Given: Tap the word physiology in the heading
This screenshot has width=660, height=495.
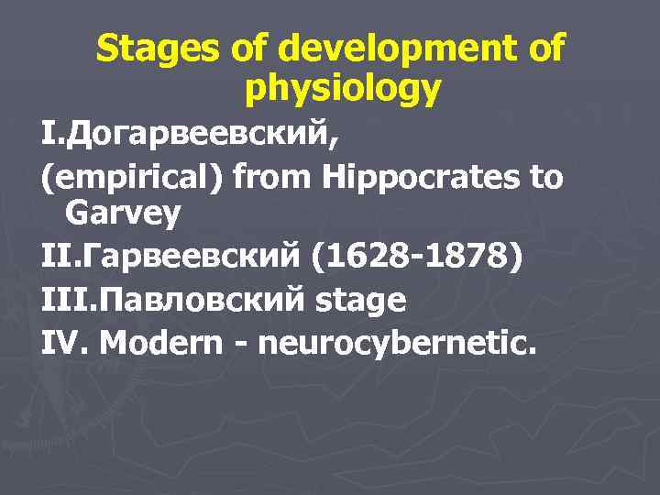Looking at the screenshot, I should tap(344, 89).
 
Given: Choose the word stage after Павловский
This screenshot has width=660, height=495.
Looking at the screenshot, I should tap(361, 301).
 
